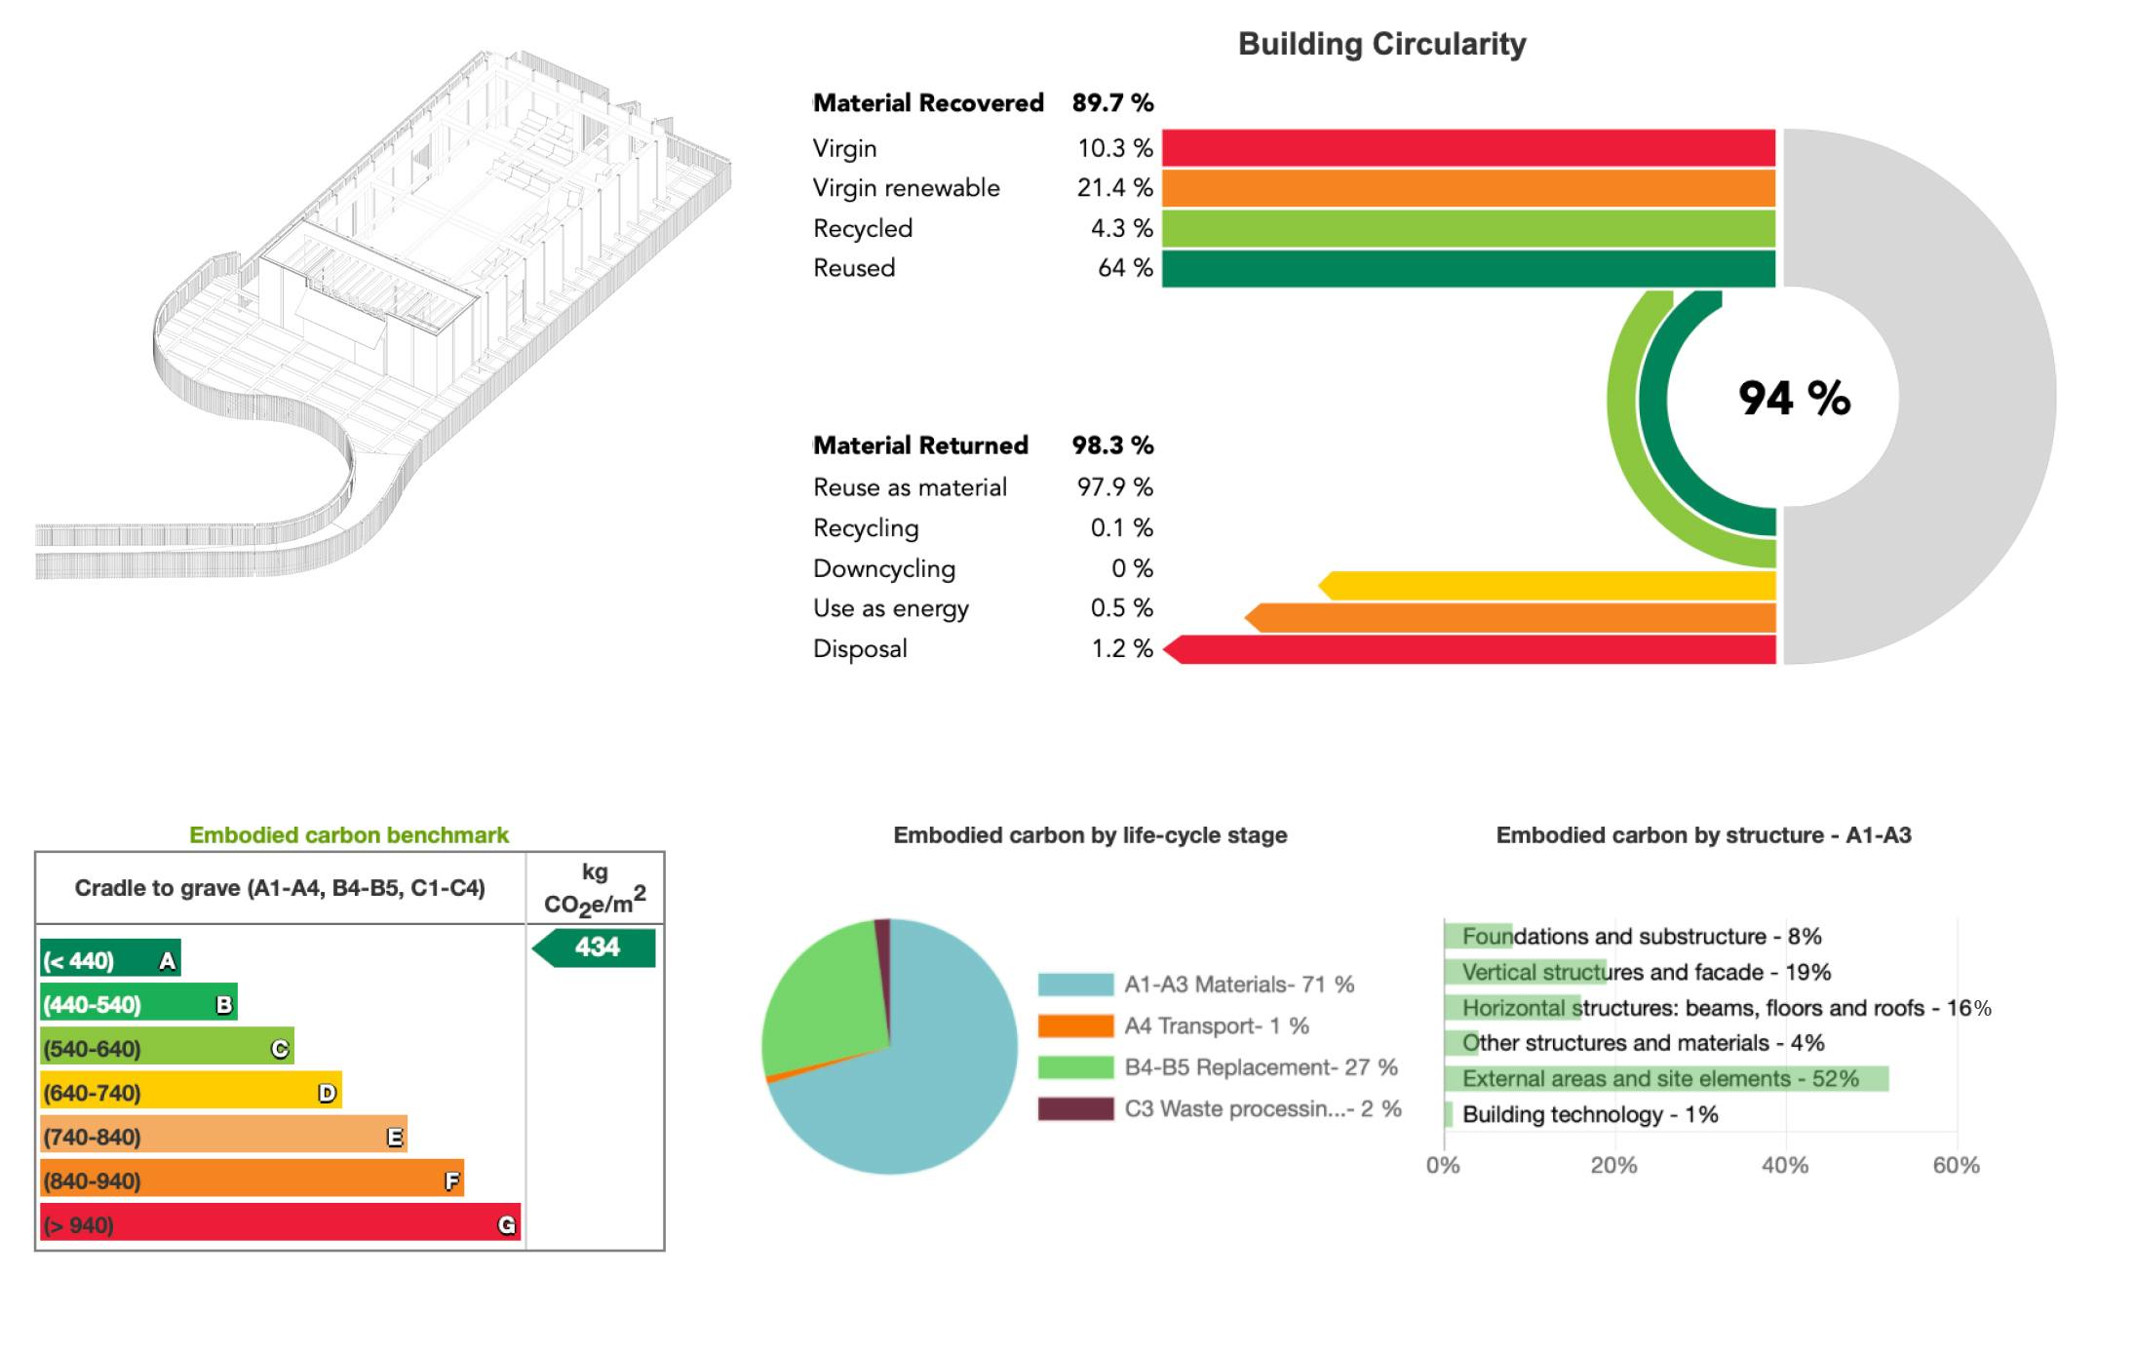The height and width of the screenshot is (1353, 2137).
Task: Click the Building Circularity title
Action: pos(1381,44)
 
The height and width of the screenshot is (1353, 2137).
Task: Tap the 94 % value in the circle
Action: pos(1794,398)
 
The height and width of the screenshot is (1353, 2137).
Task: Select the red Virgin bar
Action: pos(1467,148)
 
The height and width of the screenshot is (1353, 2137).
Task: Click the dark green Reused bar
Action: pos(1467,269)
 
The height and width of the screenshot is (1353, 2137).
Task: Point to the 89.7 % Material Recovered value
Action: pos(1112,103)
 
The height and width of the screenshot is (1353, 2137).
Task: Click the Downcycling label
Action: pos(884,568)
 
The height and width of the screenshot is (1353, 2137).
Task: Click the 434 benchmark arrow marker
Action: pos(595,947)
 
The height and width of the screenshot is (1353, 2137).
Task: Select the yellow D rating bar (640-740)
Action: pos(190,1093)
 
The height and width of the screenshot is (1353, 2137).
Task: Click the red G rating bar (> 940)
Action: pos(280,1224)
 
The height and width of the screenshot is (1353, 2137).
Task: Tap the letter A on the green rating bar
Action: pos(168,961)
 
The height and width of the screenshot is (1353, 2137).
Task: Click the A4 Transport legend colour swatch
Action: pos(1075,1026)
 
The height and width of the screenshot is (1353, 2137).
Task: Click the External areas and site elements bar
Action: pos(1665,1079)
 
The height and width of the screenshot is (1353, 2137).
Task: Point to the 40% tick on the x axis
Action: pos(1785,1166)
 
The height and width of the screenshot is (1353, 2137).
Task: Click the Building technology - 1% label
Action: pos(1590,1115)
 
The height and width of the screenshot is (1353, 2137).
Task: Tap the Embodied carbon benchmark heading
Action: pos(349,835)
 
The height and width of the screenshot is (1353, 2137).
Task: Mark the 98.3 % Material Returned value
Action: pos(1112,445)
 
